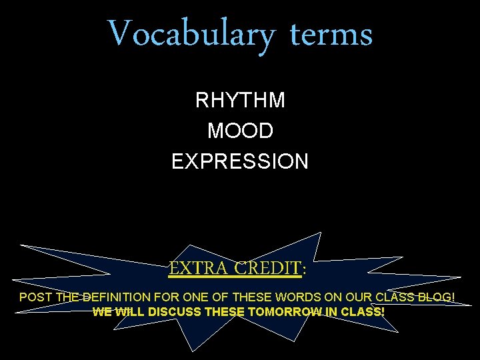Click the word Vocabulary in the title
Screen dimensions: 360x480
coord(190,33)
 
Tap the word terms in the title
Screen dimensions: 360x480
coord(331,33)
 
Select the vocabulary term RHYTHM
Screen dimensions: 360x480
coord(240,101)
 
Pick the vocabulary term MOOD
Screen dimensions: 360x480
coord(240,131)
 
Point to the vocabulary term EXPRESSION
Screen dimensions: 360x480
coord(240,161)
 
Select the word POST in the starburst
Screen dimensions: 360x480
coord(35,297)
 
